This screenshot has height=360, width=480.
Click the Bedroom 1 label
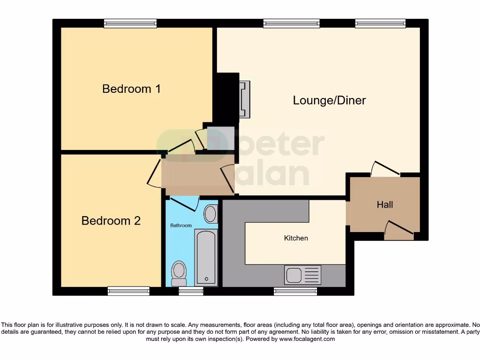tap(131, 89)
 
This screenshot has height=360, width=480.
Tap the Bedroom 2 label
tap(111, 221)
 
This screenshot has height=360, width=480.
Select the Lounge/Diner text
tap(329, 100)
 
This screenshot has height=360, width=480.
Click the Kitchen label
tap(296, 238)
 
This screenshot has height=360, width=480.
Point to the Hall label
tap(385, 205)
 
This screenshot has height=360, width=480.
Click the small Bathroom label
tap(181, 225)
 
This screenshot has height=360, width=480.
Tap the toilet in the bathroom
tap(179, 273)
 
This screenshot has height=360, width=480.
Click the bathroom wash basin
tap(210, 214)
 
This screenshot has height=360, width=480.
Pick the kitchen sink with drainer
tap(303, 275)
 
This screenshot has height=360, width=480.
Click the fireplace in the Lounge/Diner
tap(244, 99)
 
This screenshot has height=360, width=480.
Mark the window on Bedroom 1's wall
tap(130, 23)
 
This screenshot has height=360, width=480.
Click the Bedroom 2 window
tap(128, 291)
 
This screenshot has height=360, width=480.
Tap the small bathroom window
tap(191, 292)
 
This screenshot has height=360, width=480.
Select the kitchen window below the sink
tap(295, 292)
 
